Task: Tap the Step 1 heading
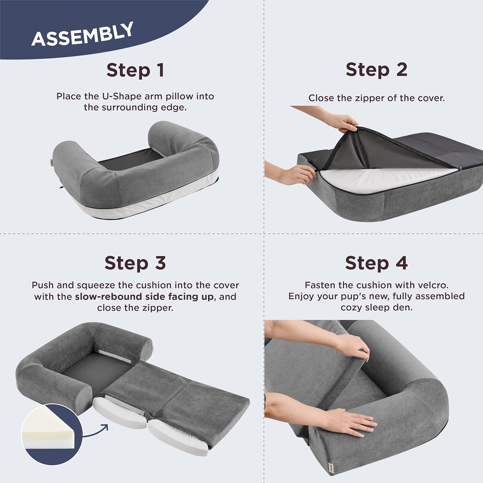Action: click(x=135, y=70)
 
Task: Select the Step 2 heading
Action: click(x=376, y=70)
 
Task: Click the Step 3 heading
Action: click(x=135, y=263)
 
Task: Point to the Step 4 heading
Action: click(x=376, y=263)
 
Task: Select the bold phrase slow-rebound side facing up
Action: click(x=144, y=297)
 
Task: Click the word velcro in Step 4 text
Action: click(x=432, y=285)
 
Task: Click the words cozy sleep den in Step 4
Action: click(x=376, y=308)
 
